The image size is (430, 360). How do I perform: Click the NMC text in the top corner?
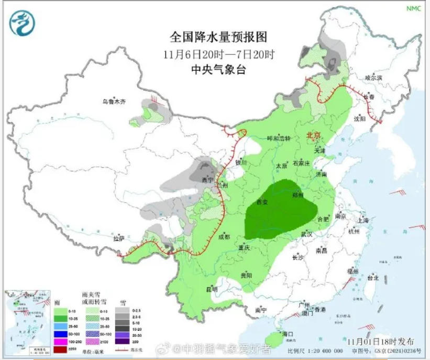(414, 8)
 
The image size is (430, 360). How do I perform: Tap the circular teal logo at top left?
(22, 23)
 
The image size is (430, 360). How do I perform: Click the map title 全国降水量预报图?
(218, 37)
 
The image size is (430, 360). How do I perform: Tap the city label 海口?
(286, 333)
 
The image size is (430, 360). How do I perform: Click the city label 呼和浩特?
(278, 138)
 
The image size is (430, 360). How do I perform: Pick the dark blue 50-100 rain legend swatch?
(60, 333)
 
